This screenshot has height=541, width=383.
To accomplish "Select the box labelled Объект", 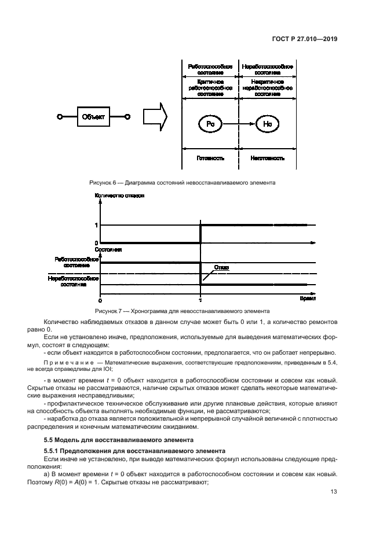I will tap(93, 117).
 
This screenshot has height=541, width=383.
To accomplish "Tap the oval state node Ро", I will tap(209, 124).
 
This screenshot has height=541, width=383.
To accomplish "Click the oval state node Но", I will tap(267, 124).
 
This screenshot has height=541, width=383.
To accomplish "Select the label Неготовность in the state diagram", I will tap(267, 157).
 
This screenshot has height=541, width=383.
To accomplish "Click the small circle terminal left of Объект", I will tap(59, 117).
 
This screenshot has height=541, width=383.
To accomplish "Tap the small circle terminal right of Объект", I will tap(128, 117).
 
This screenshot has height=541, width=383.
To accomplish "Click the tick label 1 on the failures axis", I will tap(96, 225).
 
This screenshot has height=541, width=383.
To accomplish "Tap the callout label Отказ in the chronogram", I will tap(221, 267).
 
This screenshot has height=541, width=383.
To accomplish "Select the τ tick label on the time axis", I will tap(200, 301).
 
